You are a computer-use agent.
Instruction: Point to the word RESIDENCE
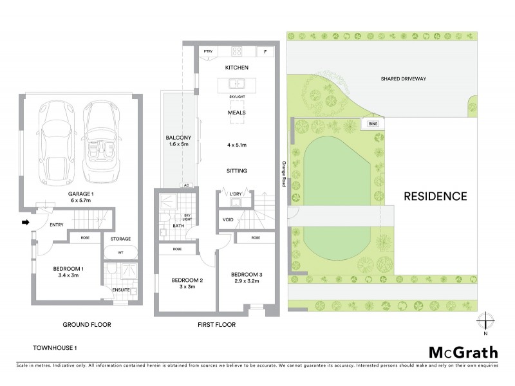[435, 196]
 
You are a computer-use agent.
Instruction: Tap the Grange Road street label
[283, 173]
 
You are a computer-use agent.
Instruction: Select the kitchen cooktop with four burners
[236, 51]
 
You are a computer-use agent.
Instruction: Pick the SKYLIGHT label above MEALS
[237, 96]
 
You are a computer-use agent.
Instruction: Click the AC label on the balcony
[187, 185]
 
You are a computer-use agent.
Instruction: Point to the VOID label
[228, 219]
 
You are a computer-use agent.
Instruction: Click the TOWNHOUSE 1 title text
[55, 348]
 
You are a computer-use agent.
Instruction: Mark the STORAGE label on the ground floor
[120, 239]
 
